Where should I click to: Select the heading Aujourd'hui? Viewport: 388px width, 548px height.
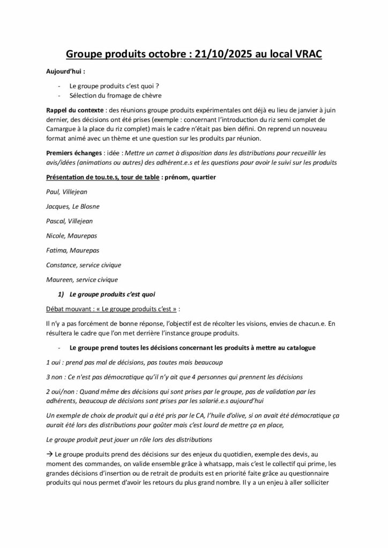(x=65, y=71)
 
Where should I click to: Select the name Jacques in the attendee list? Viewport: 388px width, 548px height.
(x=58, y=206)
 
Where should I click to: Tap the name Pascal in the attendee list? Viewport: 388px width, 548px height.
(x=56, y=220)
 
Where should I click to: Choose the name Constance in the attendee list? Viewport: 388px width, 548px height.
(x=62, y=264)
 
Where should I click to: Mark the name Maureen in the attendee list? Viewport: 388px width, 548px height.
(x=60, y=279)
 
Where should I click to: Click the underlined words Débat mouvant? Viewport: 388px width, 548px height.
(x=69, y=309)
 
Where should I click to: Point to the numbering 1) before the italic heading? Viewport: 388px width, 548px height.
(x=61, y=294)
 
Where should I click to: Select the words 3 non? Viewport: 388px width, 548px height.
(x=57, y=377)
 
